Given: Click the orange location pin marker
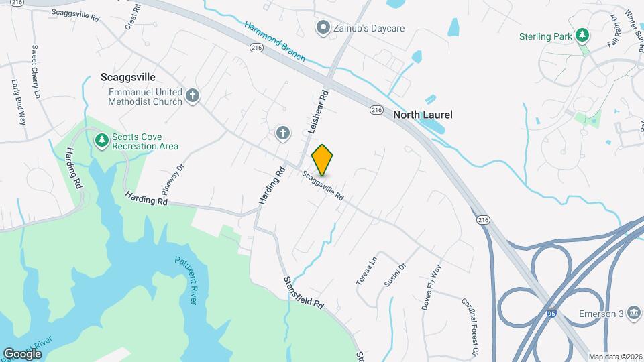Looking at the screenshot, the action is [x=323, y=160].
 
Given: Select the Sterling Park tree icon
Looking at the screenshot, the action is [x=583, y=34].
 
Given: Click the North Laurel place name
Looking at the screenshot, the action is [x=423, y=115].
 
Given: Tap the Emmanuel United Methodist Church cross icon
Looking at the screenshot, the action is [x=193, y=95].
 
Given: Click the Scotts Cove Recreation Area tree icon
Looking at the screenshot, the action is [x=101, y=140].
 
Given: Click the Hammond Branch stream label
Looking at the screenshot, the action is [x=274, y=42].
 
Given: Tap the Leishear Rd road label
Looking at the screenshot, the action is [x=317, y=112].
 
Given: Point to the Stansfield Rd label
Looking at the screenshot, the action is [x=303, y=292].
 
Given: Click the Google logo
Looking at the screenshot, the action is [x=22, y=353].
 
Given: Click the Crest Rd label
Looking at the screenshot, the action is [x=133, y=17].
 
